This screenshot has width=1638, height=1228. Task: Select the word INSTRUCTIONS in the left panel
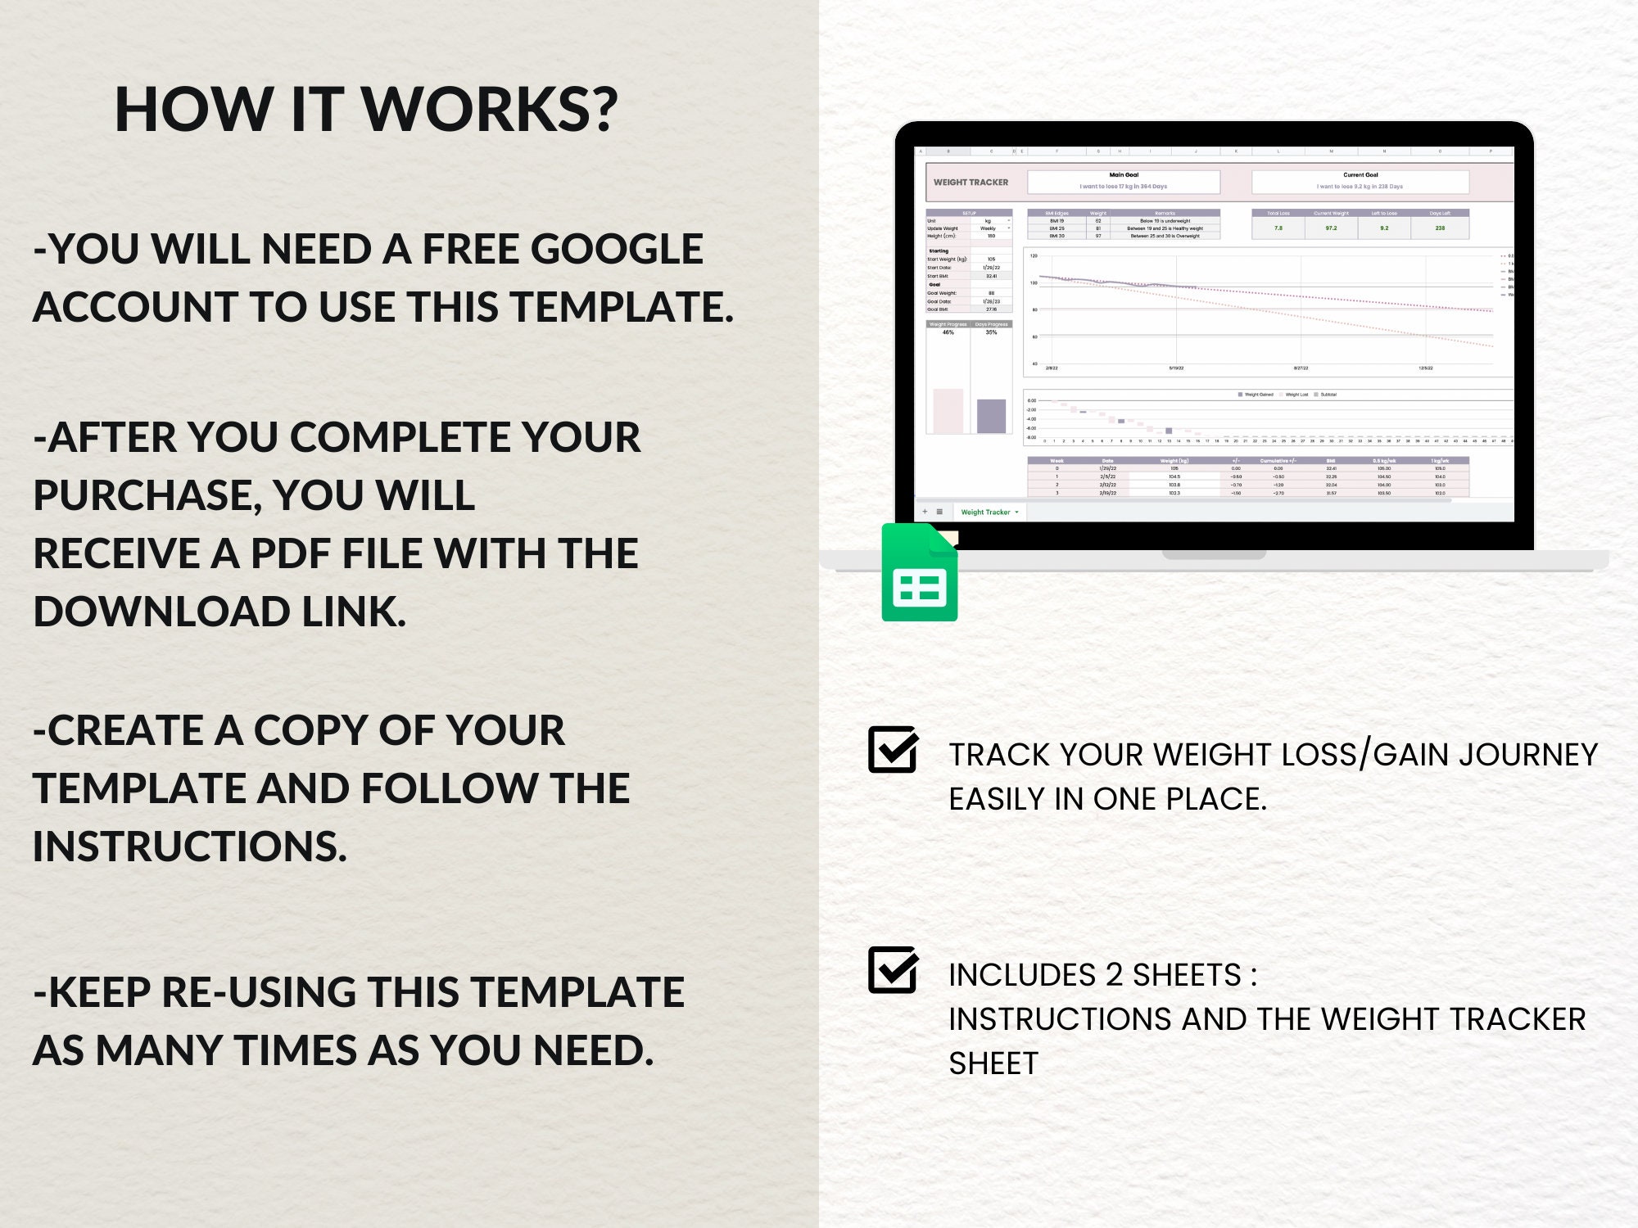[190, 847]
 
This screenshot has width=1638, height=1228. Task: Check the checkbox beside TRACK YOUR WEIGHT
[892, 749]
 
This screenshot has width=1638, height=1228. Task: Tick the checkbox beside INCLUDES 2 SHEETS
[892, 970]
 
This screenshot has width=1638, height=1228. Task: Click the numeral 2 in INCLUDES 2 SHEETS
[1114, 975]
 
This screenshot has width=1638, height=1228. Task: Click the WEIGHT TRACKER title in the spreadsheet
[971, 183]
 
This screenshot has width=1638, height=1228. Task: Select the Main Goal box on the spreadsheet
[1124, 181]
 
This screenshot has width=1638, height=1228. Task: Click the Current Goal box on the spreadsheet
[1360, 181]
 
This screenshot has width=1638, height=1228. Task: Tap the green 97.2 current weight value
[1331, 228]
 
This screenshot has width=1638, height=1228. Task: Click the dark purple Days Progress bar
[991, 416]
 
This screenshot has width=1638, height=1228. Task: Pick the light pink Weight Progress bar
[948, 410]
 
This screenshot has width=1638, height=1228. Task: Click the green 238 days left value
[1440, 228]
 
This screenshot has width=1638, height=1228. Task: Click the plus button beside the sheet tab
[925, 512]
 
